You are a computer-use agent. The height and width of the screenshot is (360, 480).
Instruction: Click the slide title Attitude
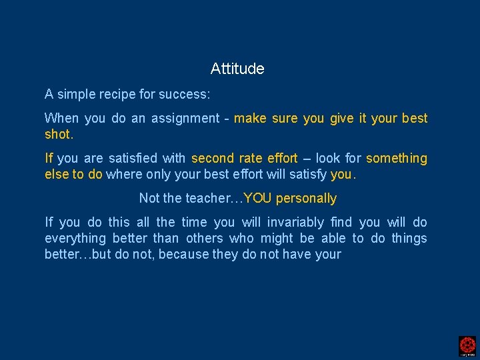click(237, 69)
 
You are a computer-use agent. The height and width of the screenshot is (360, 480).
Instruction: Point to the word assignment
click(185, 119)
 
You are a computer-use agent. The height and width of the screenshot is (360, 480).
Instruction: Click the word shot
click(58, 135)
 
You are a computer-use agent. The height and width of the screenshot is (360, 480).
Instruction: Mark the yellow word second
click(212, 159)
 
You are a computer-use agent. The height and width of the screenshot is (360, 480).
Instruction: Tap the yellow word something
click(396, 159)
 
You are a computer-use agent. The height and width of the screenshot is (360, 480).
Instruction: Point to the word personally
click(306, 199)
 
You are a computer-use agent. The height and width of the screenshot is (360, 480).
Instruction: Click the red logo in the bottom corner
click(467, 345)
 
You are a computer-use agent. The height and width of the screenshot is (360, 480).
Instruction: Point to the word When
click(61, 119)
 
